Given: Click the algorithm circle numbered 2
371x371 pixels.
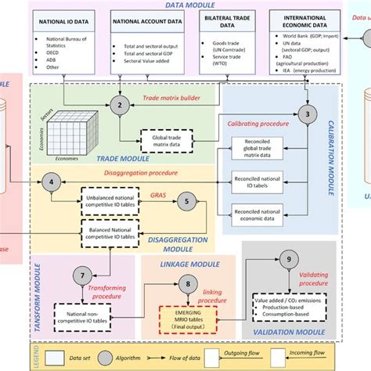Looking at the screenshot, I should click(x=120, y=105).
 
